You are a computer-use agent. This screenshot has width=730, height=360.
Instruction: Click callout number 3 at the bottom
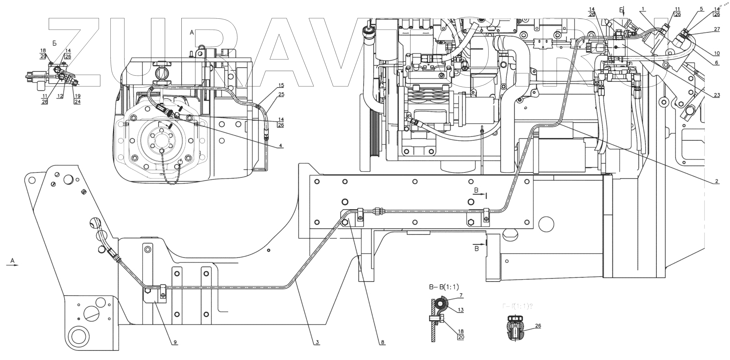point(317,342)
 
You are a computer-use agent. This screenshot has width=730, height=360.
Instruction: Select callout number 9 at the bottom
point(175,342)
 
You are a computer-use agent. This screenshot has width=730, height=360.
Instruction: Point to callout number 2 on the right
point(717,181)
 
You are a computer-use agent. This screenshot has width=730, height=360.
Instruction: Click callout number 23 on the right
point(717,95)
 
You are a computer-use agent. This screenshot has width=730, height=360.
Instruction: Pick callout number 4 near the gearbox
point(280,146)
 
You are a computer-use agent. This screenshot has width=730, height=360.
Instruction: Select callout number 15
point(281,85)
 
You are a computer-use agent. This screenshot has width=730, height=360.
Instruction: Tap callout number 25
point(281,94)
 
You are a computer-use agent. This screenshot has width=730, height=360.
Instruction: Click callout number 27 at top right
point(717,29)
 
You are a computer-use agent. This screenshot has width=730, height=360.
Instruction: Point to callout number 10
point(717,53)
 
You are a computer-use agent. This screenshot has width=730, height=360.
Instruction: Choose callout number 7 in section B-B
point(461,295)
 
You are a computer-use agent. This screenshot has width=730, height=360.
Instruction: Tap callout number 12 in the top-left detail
point(60,96)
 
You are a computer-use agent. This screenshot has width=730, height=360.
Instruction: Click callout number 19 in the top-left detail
point(77,96)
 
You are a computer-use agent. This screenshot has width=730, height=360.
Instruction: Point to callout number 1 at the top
point(643,9)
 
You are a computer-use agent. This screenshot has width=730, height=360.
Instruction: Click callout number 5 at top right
point(701,9)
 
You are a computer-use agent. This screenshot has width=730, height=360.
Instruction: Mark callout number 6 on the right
point(717,63)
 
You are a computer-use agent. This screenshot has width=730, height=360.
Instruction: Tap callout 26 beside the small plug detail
point(538,326)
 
